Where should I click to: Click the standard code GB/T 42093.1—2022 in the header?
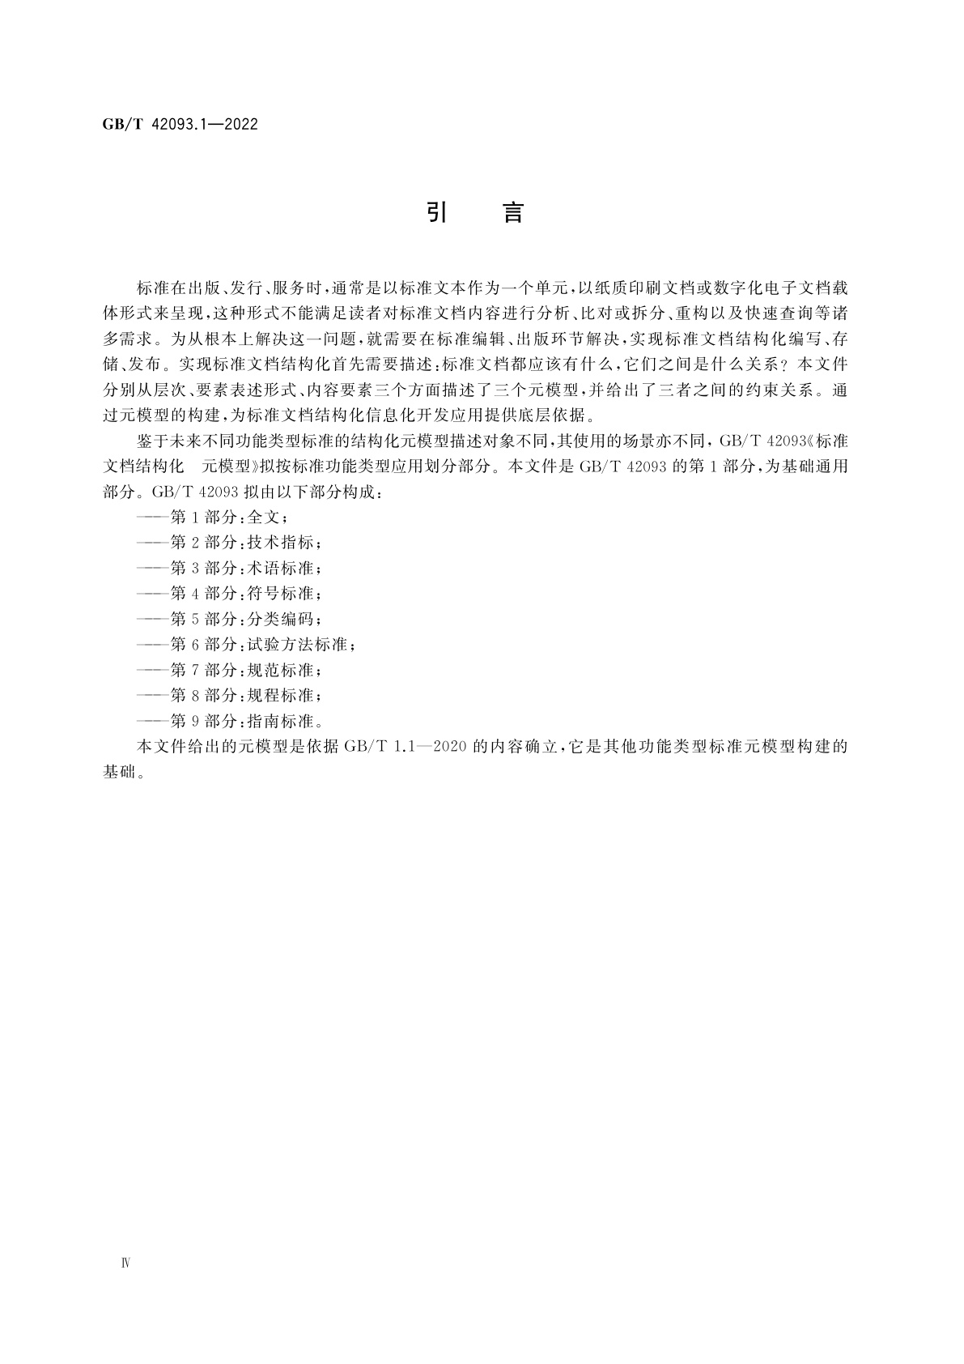click(x=180, y=124)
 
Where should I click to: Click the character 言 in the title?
click(x=513, y=212)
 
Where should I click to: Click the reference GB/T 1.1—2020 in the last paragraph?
click(x=404, y=746)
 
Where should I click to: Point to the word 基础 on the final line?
click(x=119, y=772)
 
